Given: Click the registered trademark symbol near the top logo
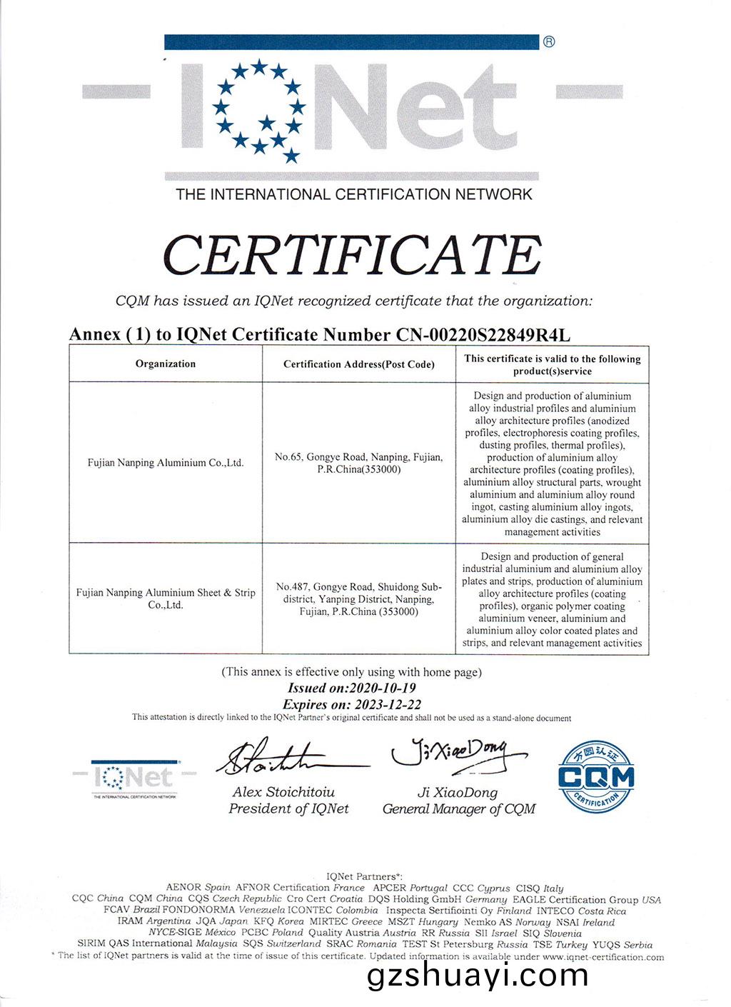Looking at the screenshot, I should pos(549,41).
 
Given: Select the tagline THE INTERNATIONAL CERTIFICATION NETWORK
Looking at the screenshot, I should pos(354,194).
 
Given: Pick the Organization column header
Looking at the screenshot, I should pos(166,364).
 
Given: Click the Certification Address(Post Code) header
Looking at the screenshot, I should pos(359,364).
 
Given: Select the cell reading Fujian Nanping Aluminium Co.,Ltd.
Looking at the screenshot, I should pos(166,462).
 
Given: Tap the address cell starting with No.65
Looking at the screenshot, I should pos(359,463).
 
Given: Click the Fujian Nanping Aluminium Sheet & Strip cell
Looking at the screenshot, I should pos(166,598).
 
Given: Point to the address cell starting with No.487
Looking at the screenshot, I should pos(359,599).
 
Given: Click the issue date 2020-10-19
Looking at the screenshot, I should pos(380,688).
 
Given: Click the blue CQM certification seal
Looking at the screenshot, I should pos(595,776).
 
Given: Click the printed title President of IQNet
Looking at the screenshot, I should pos(288,808).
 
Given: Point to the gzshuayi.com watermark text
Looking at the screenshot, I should pos(478,976).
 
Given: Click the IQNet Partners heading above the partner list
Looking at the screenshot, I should pos(365,876).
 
